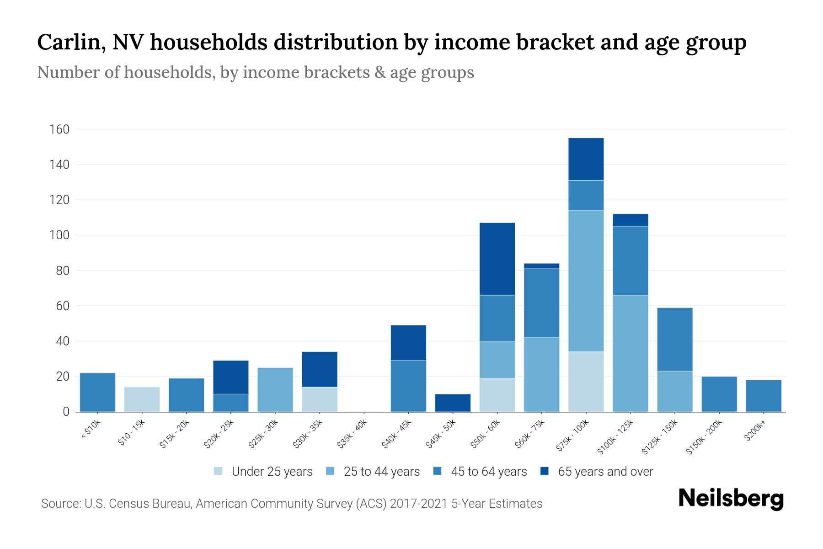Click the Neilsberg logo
(731, 499)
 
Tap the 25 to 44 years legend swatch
(330, 471)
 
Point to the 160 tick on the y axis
(59, 129)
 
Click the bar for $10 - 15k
(142, 399)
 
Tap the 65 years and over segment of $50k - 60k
(497, 259)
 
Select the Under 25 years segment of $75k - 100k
(586, 382)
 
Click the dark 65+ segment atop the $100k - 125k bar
(630, 220)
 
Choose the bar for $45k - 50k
(453, 403)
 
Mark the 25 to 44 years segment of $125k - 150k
(674, 392)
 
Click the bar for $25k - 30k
(275, 390)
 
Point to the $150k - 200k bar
(719, 394)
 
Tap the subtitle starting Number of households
(255, 72)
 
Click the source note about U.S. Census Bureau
(291, 504)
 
